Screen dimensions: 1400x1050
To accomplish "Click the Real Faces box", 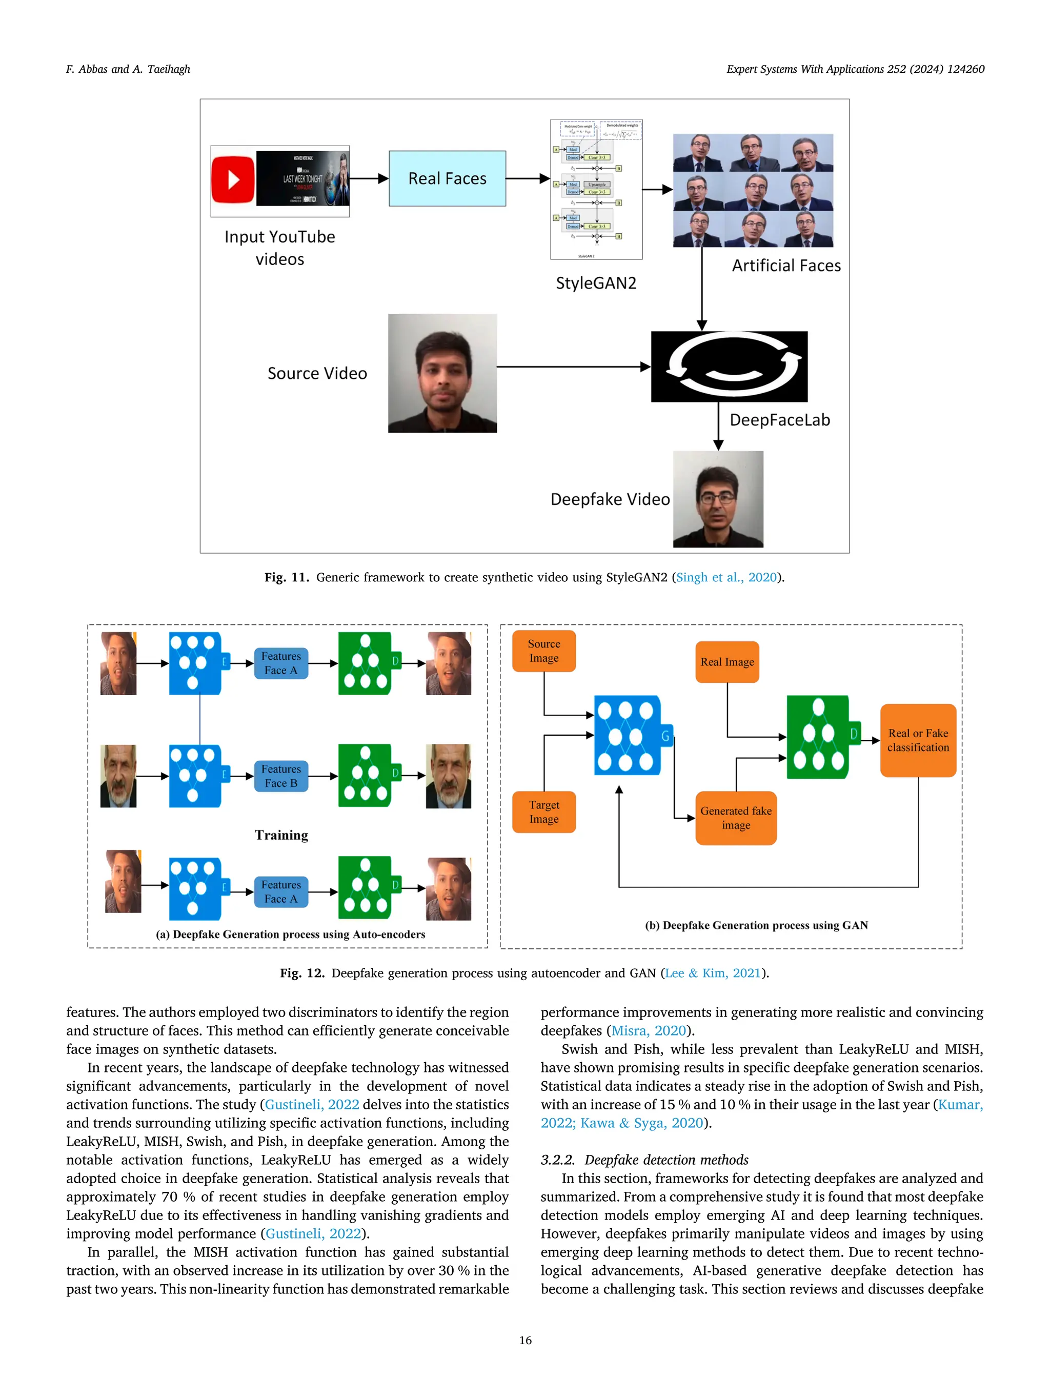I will click(447, 178).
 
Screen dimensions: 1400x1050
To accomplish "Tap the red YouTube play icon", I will click(233, 180).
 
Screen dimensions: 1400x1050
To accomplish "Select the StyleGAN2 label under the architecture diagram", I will click(596, 283).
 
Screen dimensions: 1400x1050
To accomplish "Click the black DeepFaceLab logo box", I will click(729, 367).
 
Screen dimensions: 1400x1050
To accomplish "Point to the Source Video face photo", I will click(442, 373).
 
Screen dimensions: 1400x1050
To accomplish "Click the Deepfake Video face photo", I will click(718, 499).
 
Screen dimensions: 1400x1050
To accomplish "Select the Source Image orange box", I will click(543, 651).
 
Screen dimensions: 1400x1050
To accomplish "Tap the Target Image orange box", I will click(543, 812).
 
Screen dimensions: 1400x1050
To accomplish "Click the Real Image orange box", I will click(726, 662).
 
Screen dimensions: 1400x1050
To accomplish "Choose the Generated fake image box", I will click(735, 818).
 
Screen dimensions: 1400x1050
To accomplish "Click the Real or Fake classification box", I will click(917, 740).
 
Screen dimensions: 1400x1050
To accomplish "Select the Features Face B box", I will click(281, 776).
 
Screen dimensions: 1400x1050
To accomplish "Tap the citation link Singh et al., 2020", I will click(726, 577).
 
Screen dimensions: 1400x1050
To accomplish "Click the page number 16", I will click(524, 1340).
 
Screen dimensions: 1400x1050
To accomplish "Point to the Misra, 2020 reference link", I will click(648, 1030).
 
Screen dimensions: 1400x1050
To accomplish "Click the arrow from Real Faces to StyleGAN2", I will click(527, 178).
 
